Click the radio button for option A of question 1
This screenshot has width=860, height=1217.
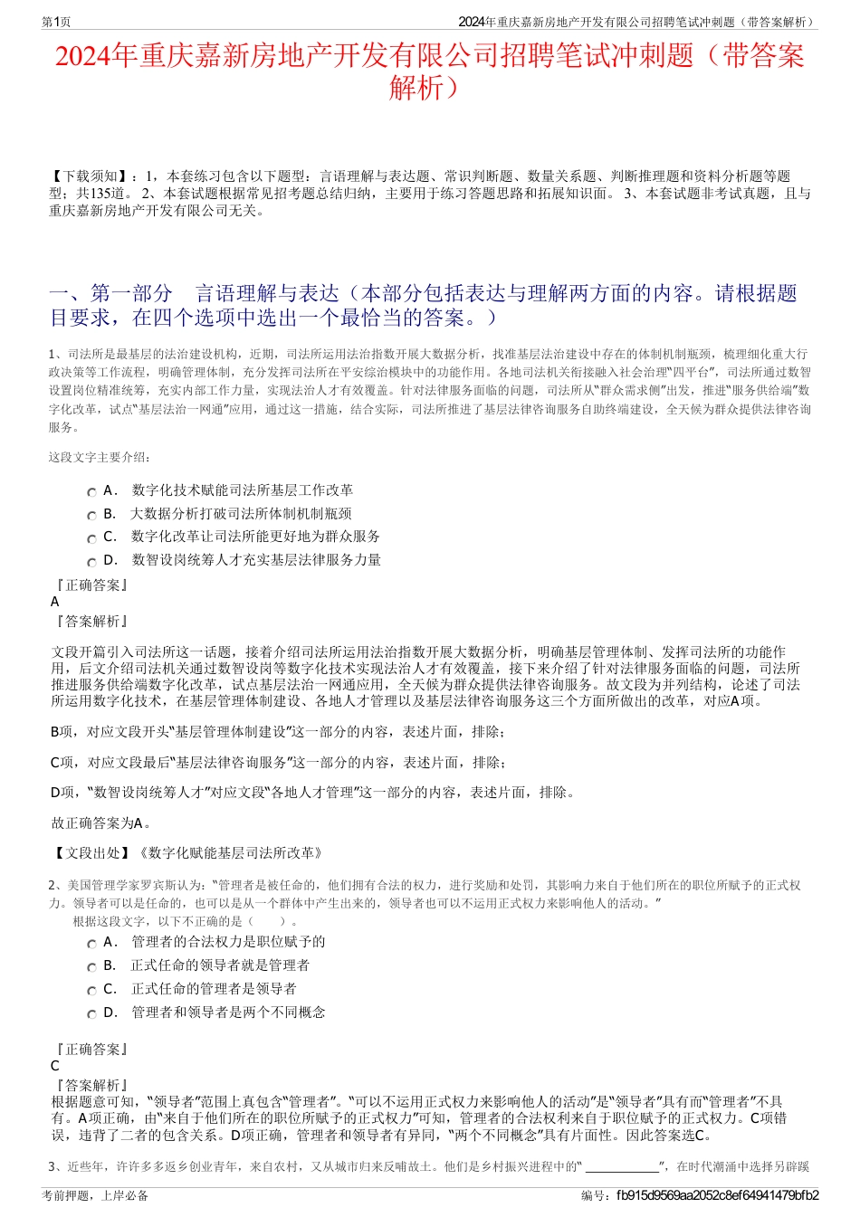[x=91, y=492]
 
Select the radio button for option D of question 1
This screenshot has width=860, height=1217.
[x=91, y=562]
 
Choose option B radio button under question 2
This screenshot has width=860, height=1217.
[x=91, y=967]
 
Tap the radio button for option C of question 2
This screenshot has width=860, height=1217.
[x=91, y=991]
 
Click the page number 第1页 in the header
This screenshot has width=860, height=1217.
[x=56, y=22]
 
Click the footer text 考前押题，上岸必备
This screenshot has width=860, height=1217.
[x=95, y=1195]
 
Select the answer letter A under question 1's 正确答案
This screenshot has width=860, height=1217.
[x=55, y=602]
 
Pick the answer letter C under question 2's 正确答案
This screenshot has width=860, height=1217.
[x=55, y=1066]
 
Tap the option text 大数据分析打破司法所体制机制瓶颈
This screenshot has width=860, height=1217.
[x=241, y=513]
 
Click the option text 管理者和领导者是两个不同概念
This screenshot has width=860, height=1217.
[x=228, y=1013]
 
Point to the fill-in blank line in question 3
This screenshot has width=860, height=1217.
[x=623, y=1167]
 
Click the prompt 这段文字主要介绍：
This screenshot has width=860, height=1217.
[x=100, y=457]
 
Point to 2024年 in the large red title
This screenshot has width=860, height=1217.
[x=96, y=57]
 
